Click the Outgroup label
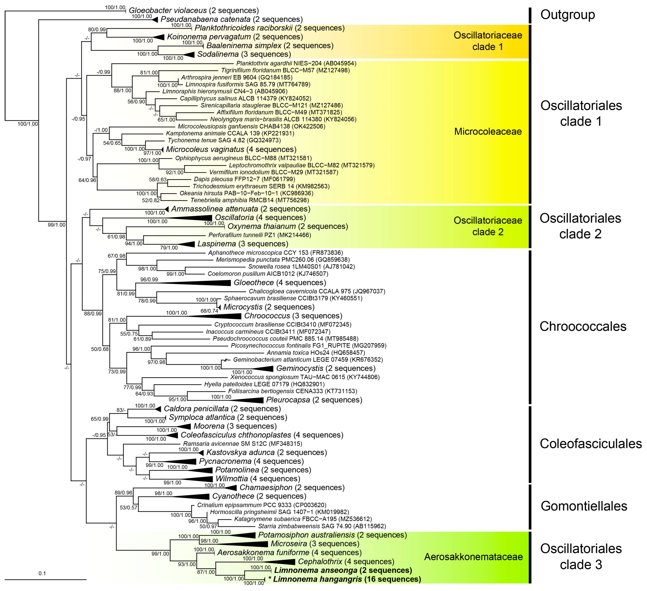click(x=567, y=15)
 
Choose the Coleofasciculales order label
click(x=590, y=444)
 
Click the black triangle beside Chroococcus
click(x=218, y=316)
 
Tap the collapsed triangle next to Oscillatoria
click(x=193, y=218)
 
